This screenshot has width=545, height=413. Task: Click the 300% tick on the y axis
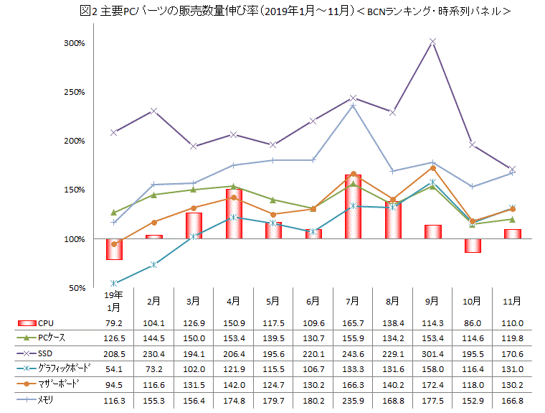(x=75, y=43)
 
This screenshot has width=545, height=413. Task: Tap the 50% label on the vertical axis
(x=77, y=288)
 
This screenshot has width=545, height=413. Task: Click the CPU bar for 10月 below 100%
(x=472, y=246)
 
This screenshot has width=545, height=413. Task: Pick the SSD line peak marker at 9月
(x=432, y=42)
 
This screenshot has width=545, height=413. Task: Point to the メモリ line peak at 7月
(x=353, y=106)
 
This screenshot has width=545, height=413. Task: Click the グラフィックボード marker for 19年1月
(x=114, y=283)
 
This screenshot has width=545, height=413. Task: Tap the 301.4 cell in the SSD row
(x=432, y=353)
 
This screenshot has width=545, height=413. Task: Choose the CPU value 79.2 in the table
(x=114, y=324)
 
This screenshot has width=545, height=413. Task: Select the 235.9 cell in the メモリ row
(x=352, y=399)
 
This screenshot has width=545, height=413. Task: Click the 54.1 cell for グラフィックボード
(x=114, y=368)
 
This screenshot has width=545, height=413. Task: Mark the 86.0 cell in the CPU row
(x=472, y=324)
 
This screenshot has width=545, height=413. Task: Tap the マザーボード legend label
(x=58, y=383)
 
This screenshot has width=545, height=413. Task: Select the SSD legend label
(x=45, y=353)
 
